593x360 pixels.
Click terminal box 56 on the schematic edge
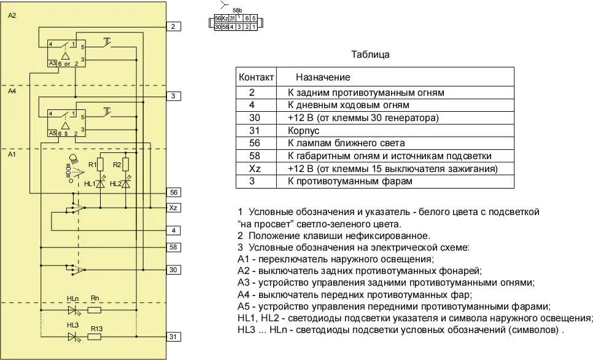point(173,192)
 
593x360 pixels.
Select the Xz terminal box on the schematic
point(173,208)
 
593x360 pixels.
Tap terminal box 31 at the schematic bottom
point(173,337)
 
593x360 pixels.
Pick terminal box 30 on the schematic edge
point(173,270)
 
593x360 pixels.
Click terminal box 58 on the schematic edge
point(173,247)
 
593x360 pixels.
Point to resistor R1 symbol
point(101,165)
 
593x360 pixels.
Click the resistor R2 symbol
point(125,165)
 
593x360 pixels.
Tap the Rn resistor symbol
point(95,310)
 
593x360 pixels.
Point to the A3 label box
point(52,63)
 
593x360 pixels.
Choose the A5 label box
point(52,132)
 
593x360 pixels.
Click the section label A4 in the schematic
point(12,91)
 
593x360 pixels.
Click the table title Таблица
point(370,54)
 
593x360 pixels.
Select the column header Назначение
point(323,77)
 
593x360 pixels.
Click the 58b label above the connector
point(238,11)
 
